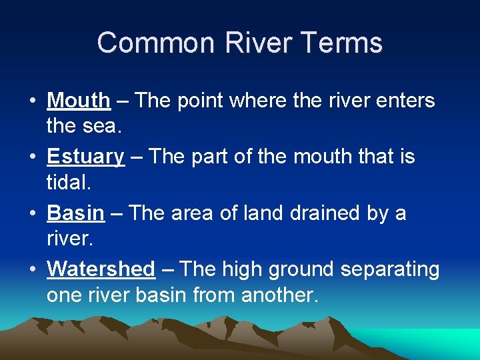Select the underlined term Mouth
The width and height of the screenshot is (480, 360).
(78, 101)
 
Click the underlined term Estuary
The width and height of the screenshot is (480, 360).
(85, 157)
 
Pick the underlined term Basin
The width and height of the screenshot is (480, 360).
(75, 213)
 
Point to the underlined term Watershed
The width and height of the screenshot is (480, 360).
(101, 269)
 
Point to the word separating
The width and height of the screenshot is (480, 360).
(390, 269)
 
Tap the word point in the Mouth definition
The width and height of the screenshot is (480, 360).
(198, 101)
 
